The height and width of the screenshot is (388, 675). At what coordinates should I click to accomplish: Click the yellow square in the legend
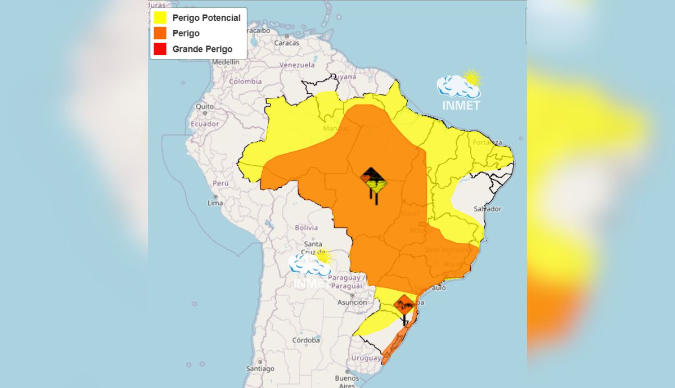[160, 18]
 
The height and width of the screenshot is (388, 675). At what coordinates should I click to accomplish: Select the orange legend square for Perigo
[160, 34]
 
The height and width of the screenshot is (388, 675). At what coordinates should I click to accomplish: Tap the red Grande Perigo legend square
[160, 49]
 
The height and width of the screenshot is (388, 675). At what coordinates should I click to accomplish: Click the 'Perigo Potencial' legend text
[206, 18]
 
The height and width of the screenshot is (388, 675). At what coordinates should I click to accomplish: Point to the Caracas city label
[286, 43]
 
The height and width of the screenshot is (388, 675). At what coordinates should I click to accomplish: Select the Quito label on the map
[204, 106]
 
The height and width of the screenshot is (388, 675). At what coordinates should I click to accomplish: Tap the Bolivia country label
[307, 228]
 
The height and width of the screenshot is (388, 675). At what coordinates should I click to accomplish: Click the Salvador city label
[487, 209]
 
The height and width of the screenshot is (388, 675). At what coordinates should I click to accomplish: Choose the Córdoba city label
[306, 340]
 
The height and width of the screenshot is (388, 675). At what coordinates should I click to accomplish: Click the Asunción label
[352, 302]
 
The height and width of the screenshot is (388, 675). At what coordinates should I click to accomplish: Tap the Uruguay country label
[366, 358]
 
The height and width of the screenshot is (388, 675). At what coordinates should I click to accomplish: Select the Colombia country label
[245, 82]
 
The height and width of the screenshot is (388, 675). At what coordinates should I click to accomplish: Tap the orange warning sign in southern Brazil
[404, 306]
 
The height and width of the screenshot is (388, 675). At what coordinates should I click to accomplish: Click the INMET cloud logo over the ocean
[460, 90]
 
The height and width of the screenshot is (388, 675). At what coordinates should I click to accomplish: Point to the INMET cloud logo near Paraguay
[310, 267]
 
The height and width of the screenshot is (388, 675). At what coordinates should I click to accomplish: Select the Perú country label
[220, 183]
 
